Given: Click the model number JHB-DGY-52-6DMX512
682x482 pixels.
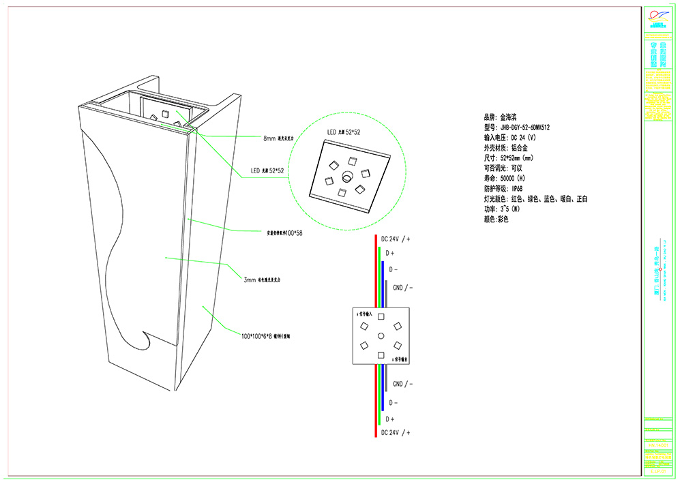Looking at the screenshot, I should tap(525, 127).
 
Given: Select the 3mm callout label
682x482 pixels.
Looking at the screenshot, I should tap(250, 280).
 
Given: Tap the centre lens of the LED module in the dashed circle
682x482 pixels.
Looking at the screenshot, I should tap(346, 176).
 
